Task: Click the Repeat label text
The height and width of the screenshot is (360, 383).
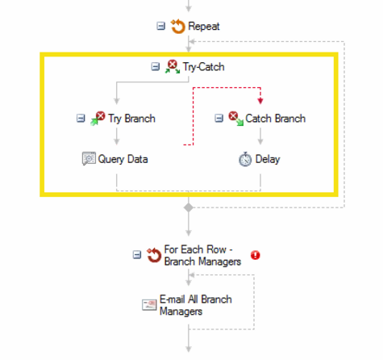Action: pyautogui.click(x=204, y=27)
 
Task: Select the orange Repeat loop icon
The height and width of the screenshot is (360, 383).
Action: pyautogui.click(x=177, y=27)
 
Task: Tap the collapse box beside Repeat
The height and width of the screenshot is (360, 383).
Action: pyautogui.click(x=160, y=26)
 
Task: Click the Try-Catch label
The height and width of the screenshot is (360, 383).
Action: pyautogui.click(x=203, y=67)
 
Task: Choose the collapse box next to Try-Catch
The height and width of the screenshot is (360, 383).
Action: pyautogui.click(x=156, y=66)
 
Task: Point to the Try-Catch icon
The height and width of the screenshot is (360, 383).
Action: pyautogui.click(x=173, y=67)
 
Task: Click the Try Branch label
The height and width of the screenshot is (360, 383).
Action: pyautogui.click(x=131, y=119)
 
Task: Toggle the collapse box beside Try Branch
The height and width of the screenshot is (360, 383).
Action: pyautogui.click(x=81, y=118)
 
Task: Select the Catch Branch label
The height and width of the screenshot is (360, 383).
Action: pyautogui.click(x=276, y=119)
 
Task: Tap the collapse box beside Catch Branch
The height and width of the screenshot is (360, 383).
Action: pyautogui.click(x=219, y=118)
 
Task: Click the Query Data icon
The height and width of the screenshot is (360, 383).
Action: pyautogui.click(x=89, y=158)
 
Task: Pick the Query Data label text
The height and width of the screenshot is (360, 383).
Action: pyautogui.click(x=123, y=159)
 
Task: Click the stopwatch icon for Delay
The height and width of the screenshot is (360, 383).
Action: pyautogui.click(x=245, y=159)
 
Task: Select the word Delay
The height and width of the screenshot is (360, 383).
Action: pyautogui.click(x=268, y=159)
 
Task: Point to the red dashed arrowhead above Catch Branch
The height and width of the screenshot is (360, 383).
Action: pyautogui.click(x=260, y=101)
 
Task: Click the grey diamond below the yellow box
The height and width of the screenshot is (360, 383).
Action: pyautogui.click(x=189, y=207)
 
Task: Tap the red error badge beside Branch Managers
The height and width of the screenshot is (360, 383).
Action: pyautogui.click(x=256, y=255)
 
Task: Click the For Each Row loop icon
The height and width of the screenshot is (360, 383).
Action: pyautogui.click(x=154, y=255)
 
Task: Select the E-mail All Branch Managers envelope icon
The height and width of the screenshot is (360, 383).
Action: pyautogui.click(x=149, y=305)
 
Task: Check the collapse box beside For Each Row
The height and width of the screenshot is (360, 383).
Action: pyautogui.click(x=137, y=254)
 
